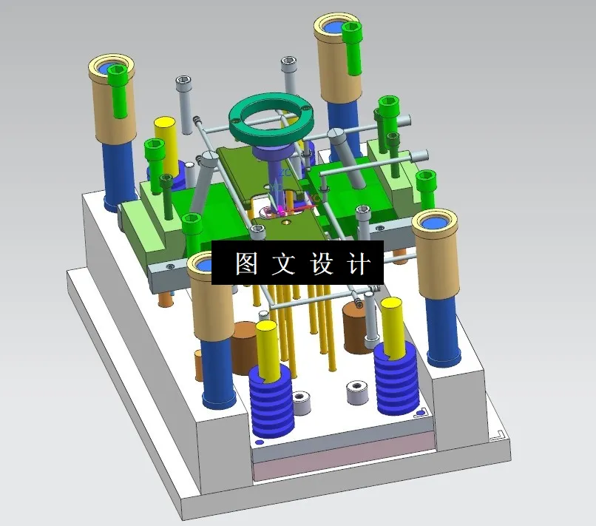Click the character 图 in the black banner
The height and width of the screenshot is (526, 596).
(x=246, y=263)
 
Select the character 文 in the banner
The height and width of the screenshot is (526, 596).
(x=282, y=263)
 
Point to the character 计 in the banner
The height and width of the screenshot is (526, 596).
(x=357, y=263)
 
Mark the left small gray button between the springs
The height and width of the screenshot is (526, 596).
(x=301, y=403)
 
